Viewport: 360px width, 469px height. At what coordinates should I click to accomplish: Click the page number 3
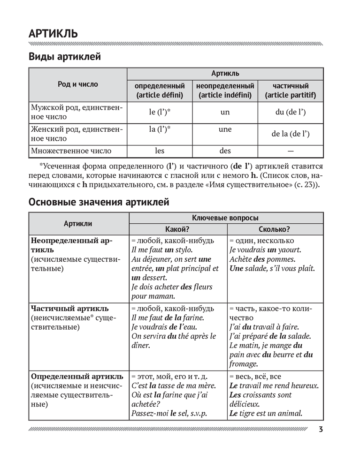pos(320,430)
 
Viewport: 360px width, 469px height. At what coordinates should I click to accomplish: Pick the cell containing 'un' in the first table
pos(225,113)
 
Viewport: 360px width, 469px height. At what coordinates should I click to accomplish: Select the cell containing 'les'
pos(160,151)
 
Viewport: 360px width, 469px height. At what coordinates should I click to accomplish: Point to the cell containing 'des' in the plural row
pos(225,151)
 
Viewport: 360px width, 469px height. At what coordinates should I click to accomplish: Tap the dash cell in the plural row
pos(290,151)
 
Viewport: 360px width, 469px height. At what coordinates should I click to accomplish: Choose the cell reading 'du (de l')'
pos(290,113)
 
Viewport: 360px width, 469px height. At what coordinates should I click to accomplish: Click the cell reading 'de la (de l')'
pos(291,134)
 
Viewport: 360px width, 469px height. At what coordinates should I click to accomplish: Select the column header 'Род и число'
pos(78,84)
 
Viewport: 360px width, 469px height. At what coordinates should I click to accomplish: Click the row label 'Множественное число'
pos(71,151)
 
